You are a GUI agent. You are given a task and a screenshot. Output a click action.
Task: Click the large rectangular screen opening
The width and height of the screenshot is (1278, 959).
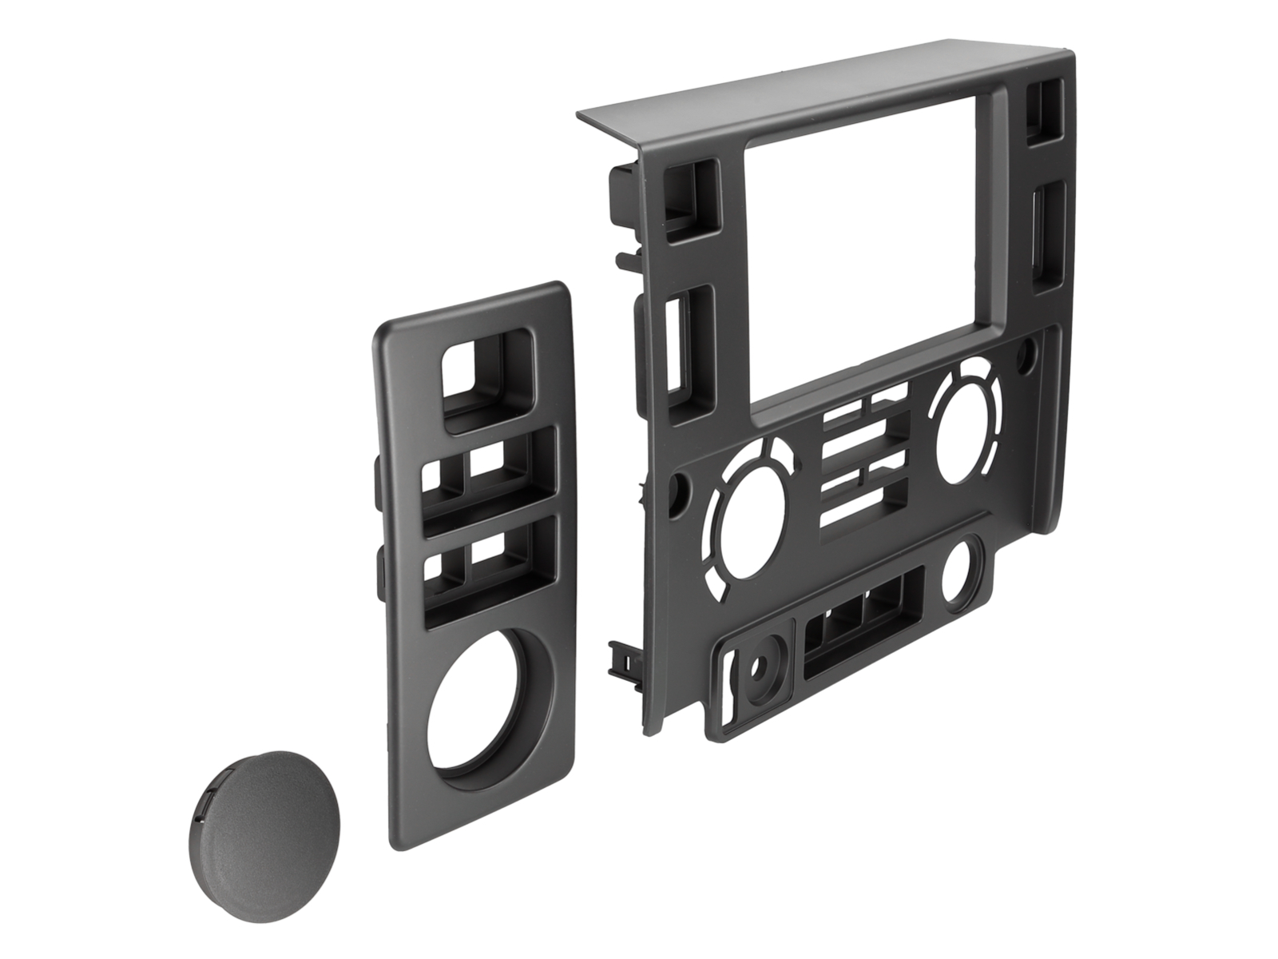click(871, 248)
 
